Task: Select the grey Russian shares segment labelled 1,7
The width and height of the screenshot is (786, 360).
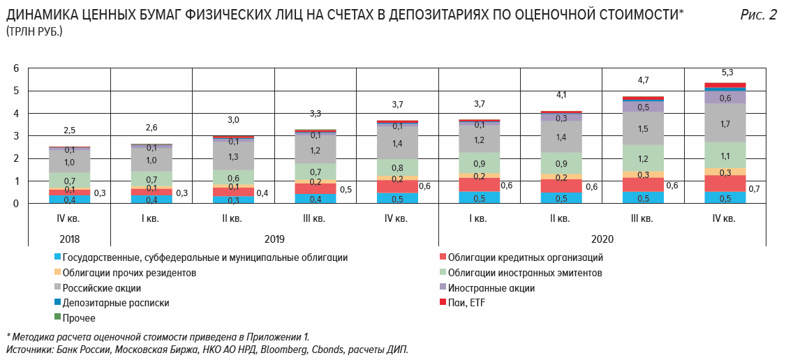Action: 725,123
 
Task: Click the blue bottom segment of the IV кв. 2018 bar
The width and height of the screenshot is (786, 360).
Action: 70,200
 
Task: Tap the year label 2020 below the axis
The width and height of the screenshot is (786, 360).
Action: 602,238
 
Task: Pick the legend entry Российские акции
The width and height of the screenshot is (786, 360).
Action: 102,288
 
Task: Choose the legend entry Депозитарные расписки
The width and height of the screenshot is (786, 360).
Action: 116,303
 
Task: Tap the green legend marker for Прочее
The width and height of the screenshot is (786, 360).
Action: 57,317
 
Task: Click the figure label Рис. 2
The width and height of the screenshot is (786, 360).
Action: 758,15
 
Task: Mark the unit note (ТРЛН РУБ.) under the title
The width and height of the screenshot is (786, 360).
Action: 34,32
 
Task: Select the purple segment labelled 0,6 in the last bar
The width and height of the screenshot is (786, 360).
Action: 725,98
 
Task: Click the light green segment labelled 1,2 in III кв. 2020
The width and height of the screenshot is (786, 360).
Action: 643,158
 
